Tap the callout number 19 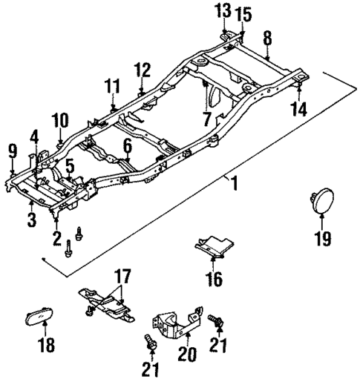[x=321, y=239]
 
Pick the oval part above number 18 [x=46, y=317]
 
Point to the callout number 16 [x=214, y=280]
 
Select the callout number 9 [x=13, y=151]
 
